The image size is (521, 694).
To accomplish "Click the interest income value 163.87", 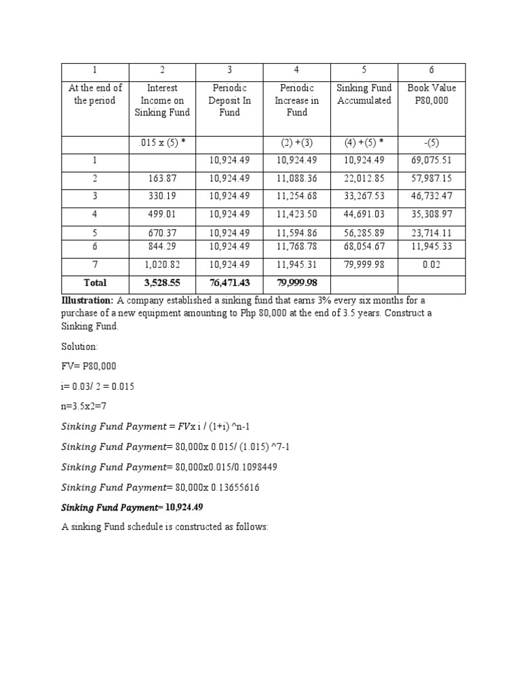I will (161, 179).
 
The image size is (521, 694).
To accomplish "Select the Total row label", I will (95, 282).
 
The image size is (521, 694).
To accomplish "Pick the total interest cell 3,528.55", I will (161, 282).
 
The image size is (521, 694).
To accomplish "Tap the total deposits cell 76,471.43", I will (229, 282).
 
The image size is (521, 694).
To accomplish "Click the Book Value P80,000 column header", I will (431, 94).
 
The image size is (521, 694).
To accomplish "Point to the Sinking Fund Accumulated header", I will (364, 94).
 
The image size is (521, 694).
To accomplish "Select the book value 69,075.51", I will (431, 161).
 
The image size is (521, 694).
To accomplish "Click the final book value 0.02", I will (431, 265).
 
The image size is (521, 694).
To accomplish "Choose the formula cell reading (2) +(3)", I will (296, 143).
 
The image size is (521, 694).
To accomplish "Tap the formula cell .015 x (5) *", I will (161, 143).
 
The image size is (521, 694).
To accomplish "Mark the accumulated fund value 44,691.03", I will (364, 214).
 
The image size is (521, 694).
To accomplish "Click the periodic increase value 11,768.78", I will (296, 245).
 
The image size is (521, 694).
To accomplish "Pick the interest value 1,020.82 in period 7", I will (161, 265).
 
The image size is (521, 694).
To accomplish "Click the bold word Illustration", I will (87, 300).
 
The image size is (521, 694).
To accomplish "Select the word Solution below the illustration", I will (80, 346).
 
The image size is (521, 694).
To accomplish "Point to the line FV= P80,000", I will (89, 366).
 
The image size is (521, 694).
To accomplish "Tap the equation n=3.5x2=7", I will (84, 407).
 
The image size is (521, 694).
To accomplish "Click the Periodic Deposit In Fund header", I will (229, 100).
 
